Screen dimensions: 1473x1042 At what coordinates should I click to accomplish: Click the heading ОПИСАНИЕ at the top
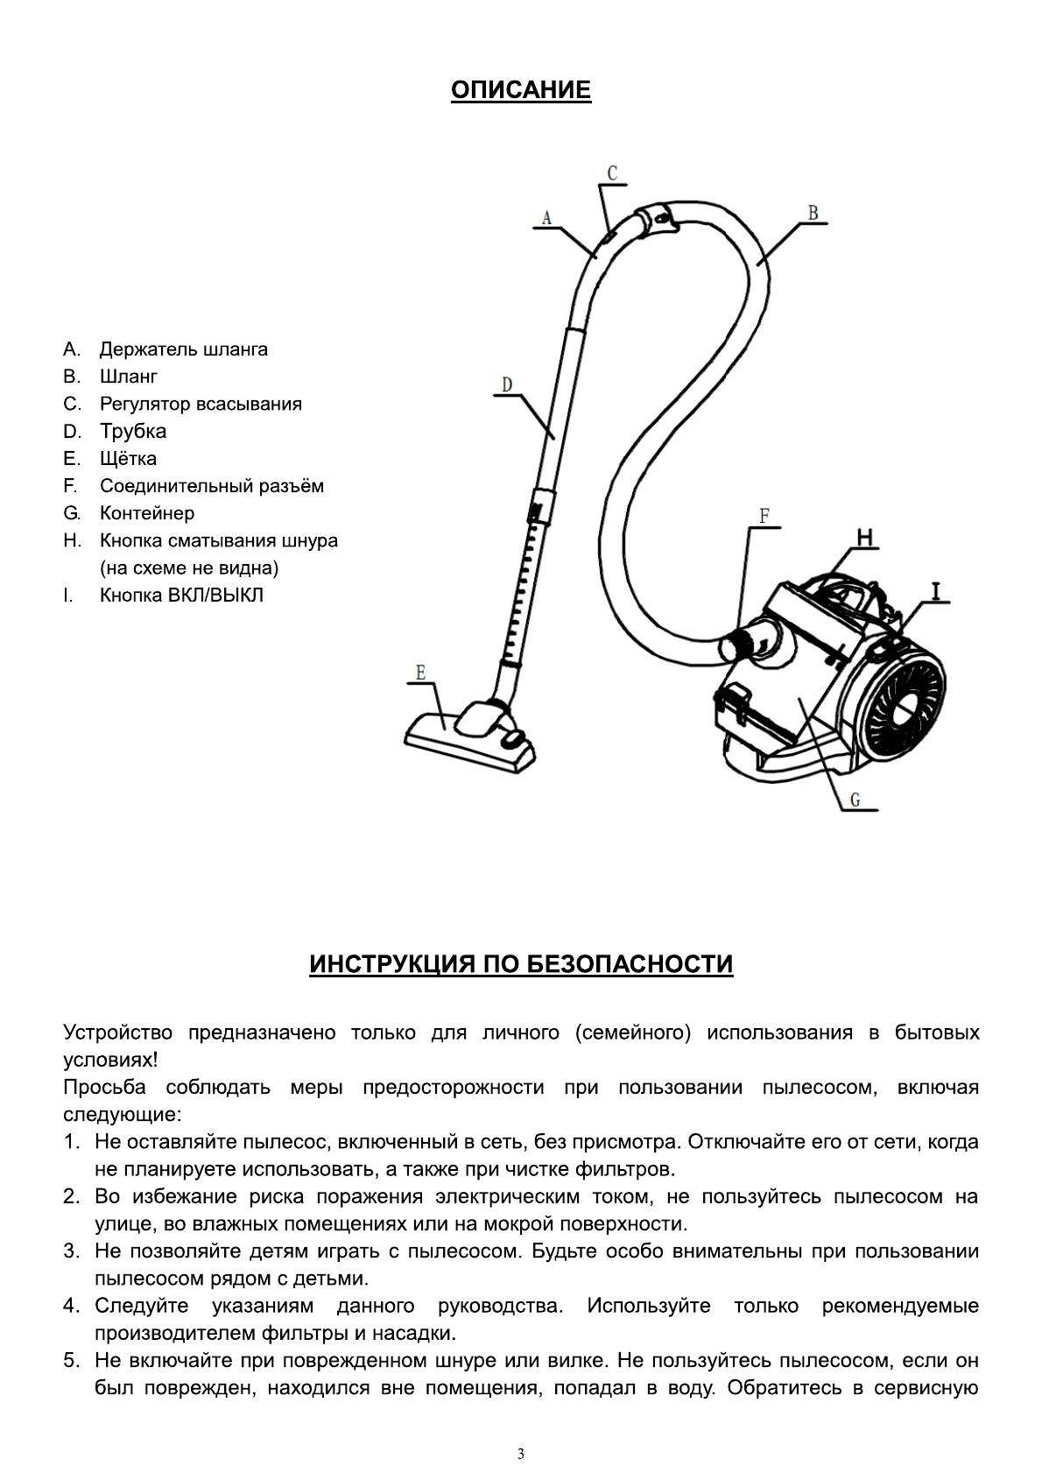pos(521,90)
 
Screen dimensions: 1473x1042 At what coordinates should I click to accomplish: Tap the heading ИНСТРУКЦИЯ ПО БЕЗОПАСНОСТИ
pos(521,964)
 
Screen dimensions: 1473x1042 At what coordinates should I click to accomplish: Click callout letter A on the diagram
pos(546,217)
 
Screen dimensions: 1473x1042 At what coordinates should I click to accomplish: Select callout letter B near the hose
pos(813,212)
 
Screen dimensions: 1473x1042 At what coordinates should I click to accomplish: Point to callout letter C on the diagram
pos(612,173)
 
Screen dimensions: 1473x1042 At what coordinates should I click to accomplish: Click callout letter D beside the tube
pos(507,384)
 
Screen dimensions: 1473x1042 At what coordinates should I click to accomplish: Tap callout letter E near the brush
pos(421,673)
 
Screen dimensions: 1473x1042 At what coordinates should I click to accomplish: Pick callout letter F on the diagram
pos(764,516)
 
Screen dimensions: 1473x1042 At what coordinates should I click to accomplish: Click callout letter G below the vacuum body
pos(855,800)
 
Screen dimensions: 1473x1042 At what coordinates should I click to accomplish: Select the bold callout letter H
pos(863,538)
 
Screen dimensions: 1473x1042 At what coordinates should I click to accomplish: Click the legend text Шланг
pos(129,377)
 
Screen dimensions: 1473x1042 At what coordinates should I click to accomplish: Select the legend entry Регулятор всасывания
pos(201,404)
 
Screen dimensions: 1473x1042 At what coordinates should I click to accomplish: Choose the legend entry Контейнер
pos(147,513)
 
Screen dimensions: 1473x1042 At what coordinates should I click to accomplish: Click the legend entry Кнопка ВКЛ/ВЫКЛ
pos(181,596)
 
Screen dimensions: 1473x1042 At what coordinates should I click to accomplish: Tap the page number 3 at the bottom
pos(521,1430)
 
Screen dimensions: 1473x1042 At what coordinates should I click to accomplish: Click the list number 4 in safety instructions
pos(71,1307)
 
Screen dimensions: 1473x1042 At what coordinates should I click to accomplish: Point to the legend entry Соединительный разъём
pos(211,486)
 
